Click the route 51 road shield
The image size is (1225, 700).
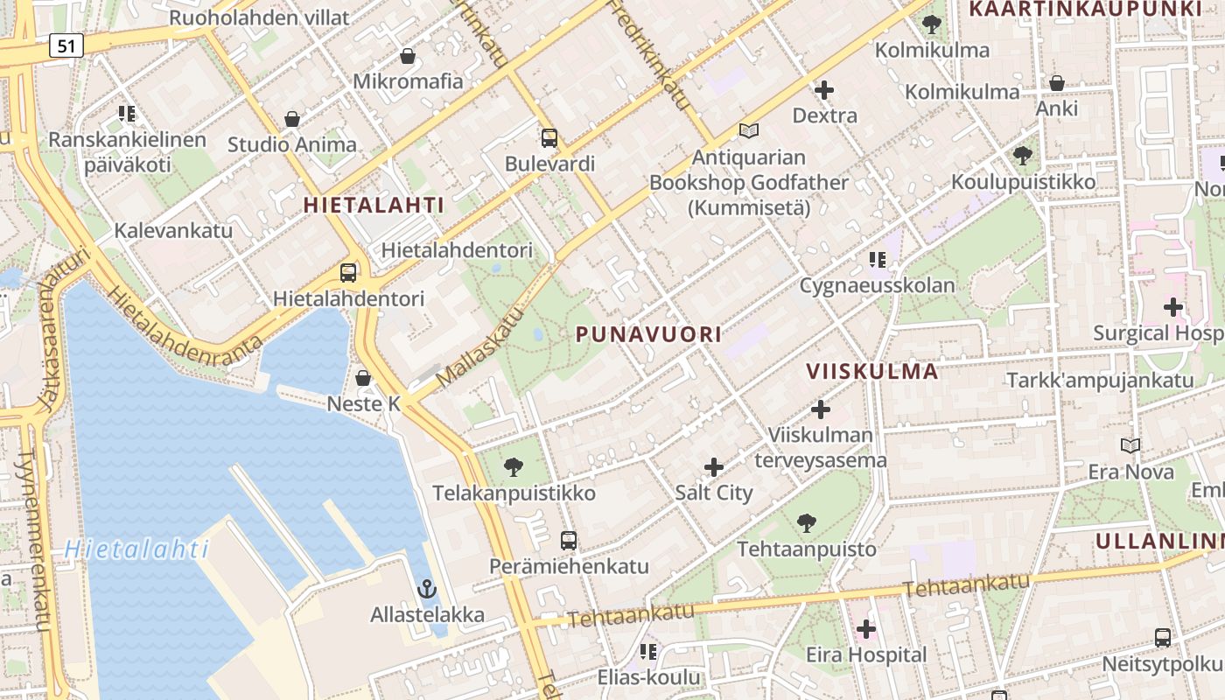(x=66, y=45)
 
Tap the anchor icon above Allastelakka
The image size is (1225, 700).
(x=427, y=589)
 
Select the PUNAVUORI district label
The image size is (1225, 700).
(x=648, y=334)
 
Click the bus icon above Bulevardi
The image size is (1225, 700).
(x=549, y=138)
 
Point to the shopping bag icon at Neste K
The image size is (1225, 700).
(x=363, y=379)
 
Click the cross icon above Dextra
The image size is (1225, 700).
(x=824, y=90)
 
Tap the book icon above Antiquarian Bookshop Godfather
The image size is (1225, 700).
(x=748, y=131)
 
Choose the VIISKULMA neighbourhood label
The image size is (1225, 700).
(x=872, y=371)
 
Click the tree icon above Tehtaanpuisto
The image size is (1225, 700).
(x=807, y=523)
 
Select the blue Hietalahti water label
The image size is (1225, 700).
(x=136, y=549)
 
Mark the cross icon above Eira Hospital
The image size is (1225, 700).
(x=866, y=629)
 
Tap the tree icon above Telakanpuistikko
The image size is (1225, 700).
(x=514, y=467)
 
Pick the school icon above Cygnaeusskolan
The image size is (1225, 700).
(x=878, y=260)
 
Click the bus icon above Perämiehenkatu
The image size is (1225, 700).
(x=569, y=541)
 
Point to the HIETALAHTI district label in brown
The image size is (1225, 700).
(x=374, y=206)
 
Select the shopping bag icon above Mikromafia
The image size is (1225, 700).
(x=408, y=57)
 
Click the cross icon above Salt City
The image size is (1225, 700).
(x=714, y=467)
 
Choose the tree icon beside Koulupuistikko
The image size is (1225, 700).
(x=1022, y=157)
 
